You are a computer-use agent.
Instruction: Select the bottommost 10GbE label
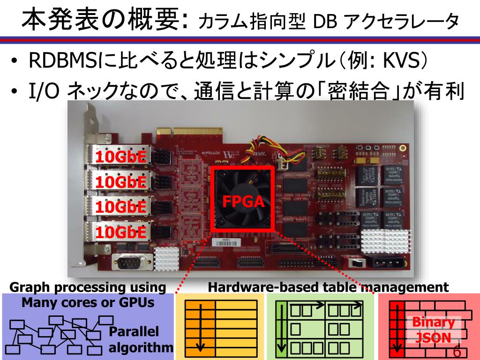[120, 232]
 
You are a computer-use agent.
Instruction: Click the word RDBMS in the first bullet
[60, 60]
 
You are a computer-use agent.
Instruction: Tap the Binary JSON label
[434, 330]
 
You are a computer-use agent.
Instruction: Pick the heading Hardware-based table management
[328, 287]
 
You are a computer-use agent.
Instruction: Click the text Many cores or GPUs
[88, 303]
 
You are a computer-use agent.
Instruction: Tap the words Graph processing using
[88, 287]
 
